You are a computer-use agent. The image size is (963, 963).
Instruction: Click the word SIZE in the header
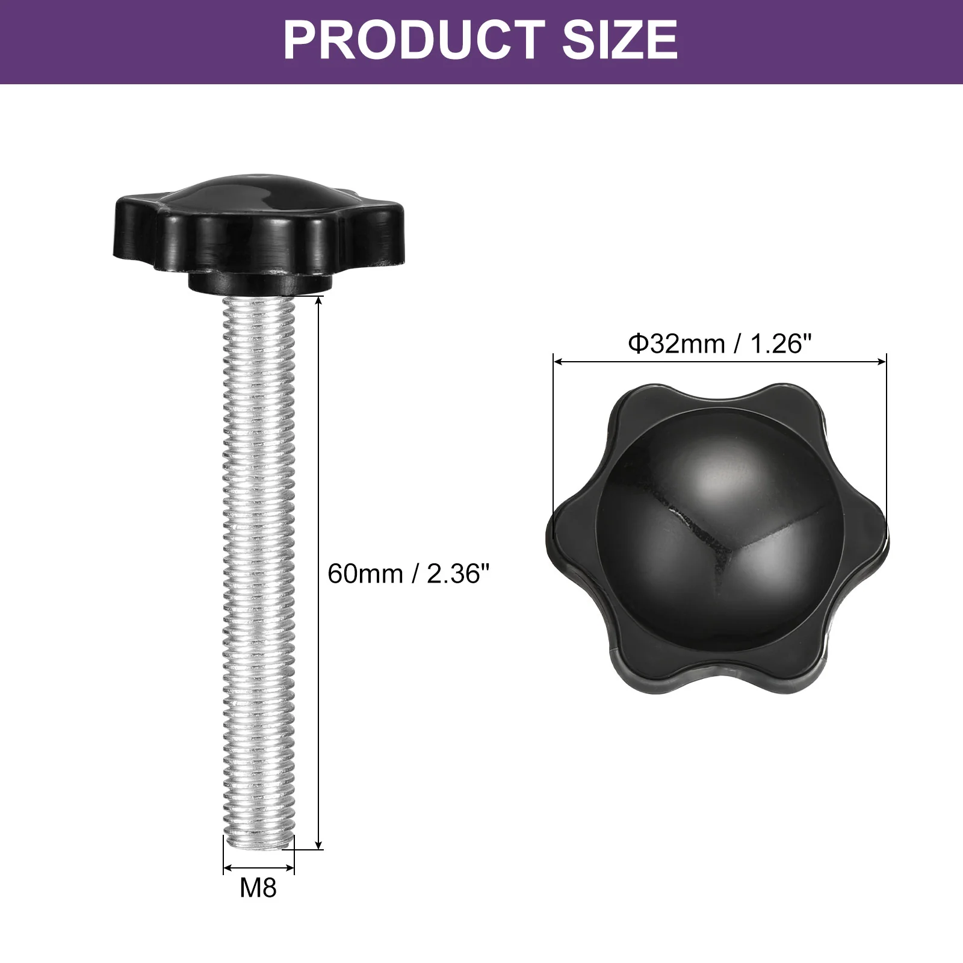tap(620, 40)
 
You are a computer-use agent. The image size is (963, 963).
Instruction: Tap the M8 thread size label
tap(258, 888)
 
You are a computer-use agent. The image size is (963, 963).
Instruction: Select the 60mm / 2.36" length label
tap(409, 574)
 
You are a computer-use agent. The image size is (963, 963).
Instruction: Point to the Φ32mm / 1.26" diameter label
tap(720, 344)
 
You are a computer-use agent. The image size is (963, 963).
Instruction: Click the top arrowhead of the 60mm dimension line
tap(319, 302)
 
